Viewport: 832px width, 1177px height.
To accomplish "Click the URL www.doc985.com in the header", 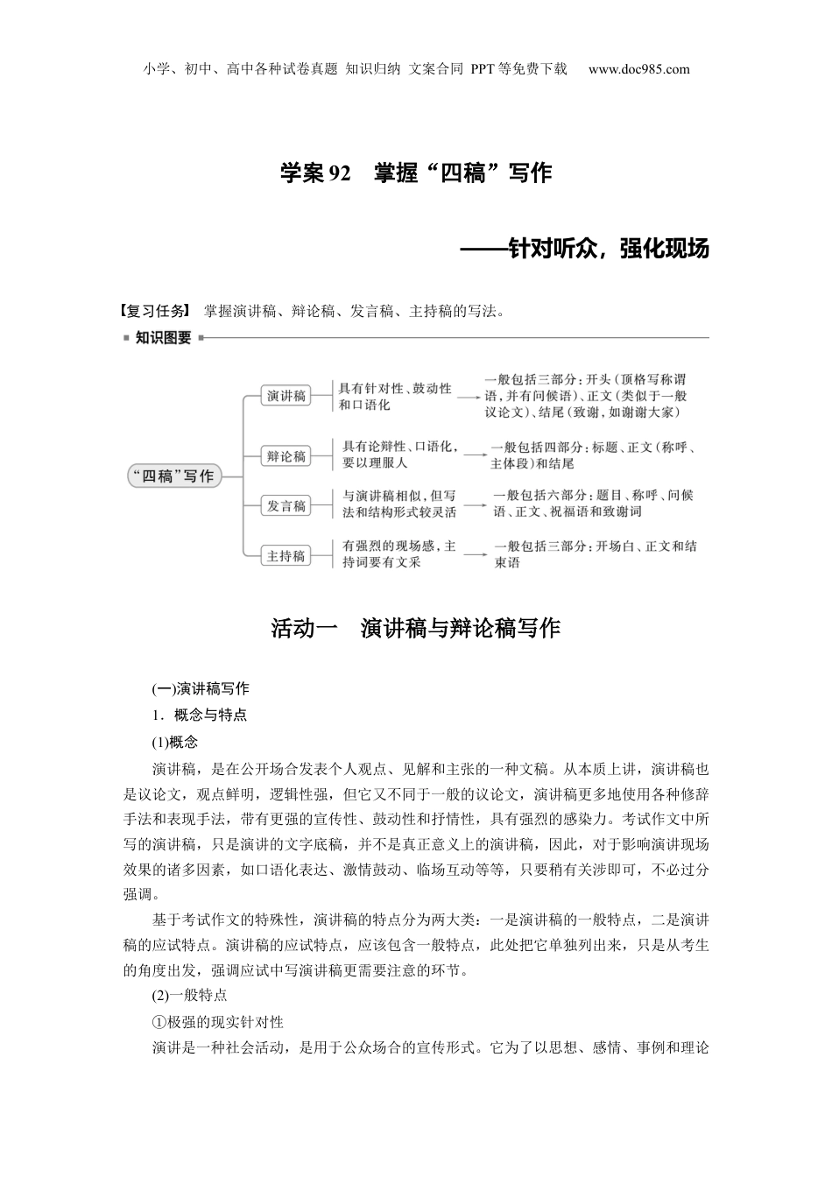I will click(638, 70).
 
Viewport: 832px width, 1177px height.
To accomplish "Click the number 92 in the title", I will click(338, 173).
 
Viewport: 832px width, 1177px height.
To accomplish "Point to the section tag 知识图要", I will click(163, 338).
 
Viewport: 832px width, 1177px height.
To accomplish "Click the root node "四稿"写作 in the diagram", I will click(173, 476).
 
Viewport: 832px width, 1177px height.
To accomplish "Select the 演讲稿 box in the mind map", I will click(286, 396).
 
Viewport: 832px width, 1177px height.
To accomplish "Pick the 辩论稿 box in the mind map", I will click(286, 455).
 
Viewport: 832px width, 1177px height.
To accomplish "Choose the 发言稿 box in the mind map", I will click(286, 505).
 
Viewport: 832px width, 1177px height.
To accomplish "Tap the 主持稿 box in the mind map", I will click(286, 555).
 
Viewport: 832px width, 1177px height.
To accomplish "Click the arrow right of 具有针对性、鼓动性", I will click(469, 397).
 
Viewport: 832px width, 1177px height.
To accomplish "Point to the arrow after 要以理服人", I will click(475, 455).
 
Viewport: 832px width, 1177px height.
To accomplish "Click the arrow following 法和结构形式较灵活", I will click(475, 505).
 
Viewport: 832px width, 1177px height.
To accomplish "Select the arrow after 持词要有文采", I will click(475, 555).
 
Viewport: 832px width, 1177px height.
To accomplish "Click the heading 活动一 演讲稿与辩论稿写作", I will click(415, 629).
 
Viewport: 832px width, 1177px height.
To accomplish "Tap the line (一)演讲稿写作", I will click(201, 688).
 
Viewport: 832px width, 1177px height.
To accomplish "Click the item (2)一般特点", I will click(189, 995).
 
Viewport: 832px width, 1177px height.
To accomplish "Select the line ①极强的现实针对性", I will click(217, 1022).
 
